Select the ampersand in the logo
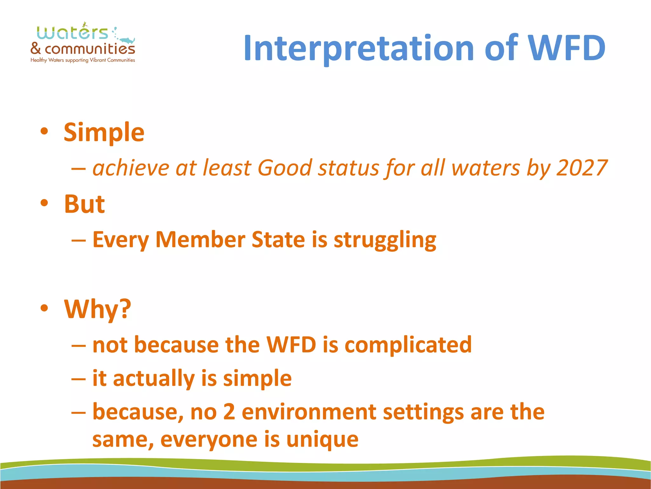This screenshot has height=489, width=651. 36,49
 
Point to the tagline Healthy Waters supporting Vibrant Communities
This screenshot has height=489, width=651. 83,60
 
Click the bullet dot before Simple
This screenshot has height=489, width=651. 44,131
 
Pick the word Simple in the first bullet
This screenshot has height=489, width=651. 104,132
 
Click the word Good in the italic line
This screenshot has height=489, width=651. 285,168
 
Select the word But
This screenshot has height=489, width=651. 84,204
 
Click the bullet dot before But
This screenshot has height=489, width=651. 44,203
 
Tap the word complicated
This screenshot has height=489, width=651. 408,345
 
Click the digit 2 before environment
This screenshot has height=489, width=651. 229,412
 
